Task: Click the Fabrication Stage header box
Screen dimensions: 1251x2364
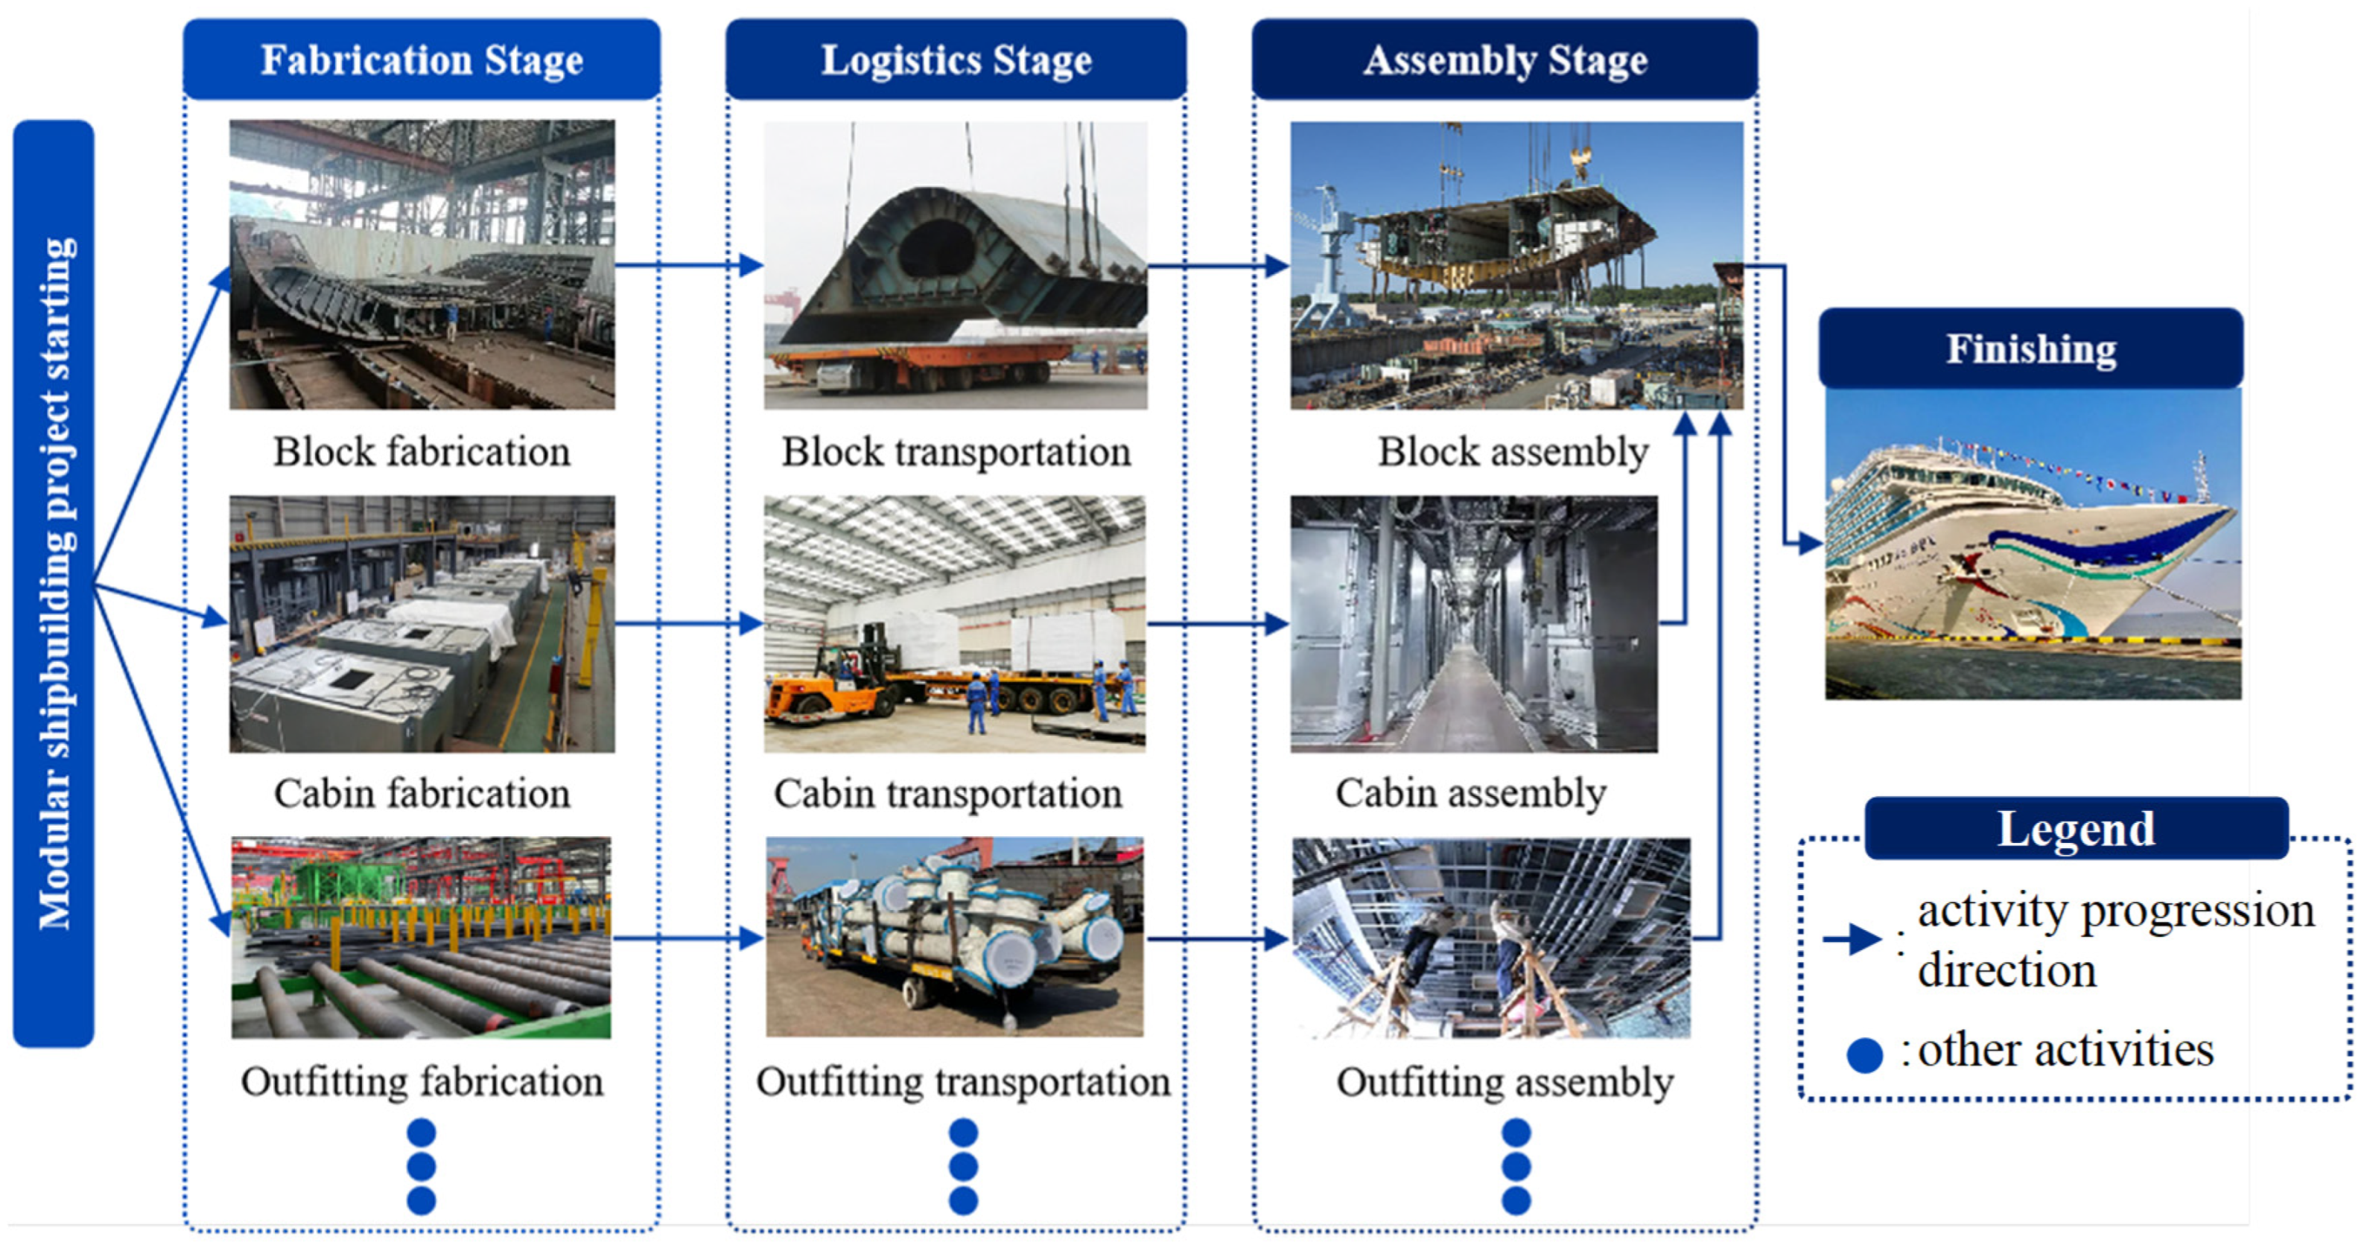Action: click(422, 60)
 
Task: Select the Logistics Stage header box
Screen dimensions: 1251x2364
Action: click(956, 60)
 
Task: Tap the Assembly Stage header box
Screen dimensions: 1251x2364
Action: click(1504, 60)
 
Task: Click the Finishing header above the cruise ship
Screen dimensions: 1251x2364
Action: click(2031, 348)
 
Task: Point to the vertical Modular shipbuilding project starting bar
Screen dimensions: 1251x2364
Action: click(53, 584)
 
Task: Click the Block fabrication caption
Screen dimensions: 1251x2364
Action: click(422, 451)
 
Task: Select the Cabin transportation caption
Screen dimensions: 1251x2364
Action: click(947, 793)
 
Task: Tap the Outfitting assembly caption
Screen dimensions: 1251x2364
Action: click(1504, 1081)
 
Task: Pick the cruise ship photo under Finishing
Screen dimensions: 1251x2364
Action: click(2033, 544)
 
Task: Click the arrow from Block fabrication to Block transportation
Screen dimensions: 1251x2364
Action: click(688, 265)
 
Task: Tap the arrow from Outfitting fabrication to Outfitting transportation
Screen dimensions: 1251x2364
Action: click(688, 938)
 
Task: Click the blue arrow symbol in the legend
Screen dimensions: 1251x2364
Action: click(1852, 939)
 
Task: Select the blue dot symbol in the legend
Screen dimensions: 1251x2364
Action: click(1863, 1054)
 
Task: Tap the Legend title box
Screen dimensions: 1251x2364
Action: click(2076, 829)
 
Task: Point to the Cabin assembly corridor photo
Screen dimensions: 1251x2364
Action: click(1474, 624)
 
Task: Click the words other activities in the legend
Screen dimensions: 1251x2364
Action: click(2065, 1050)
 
